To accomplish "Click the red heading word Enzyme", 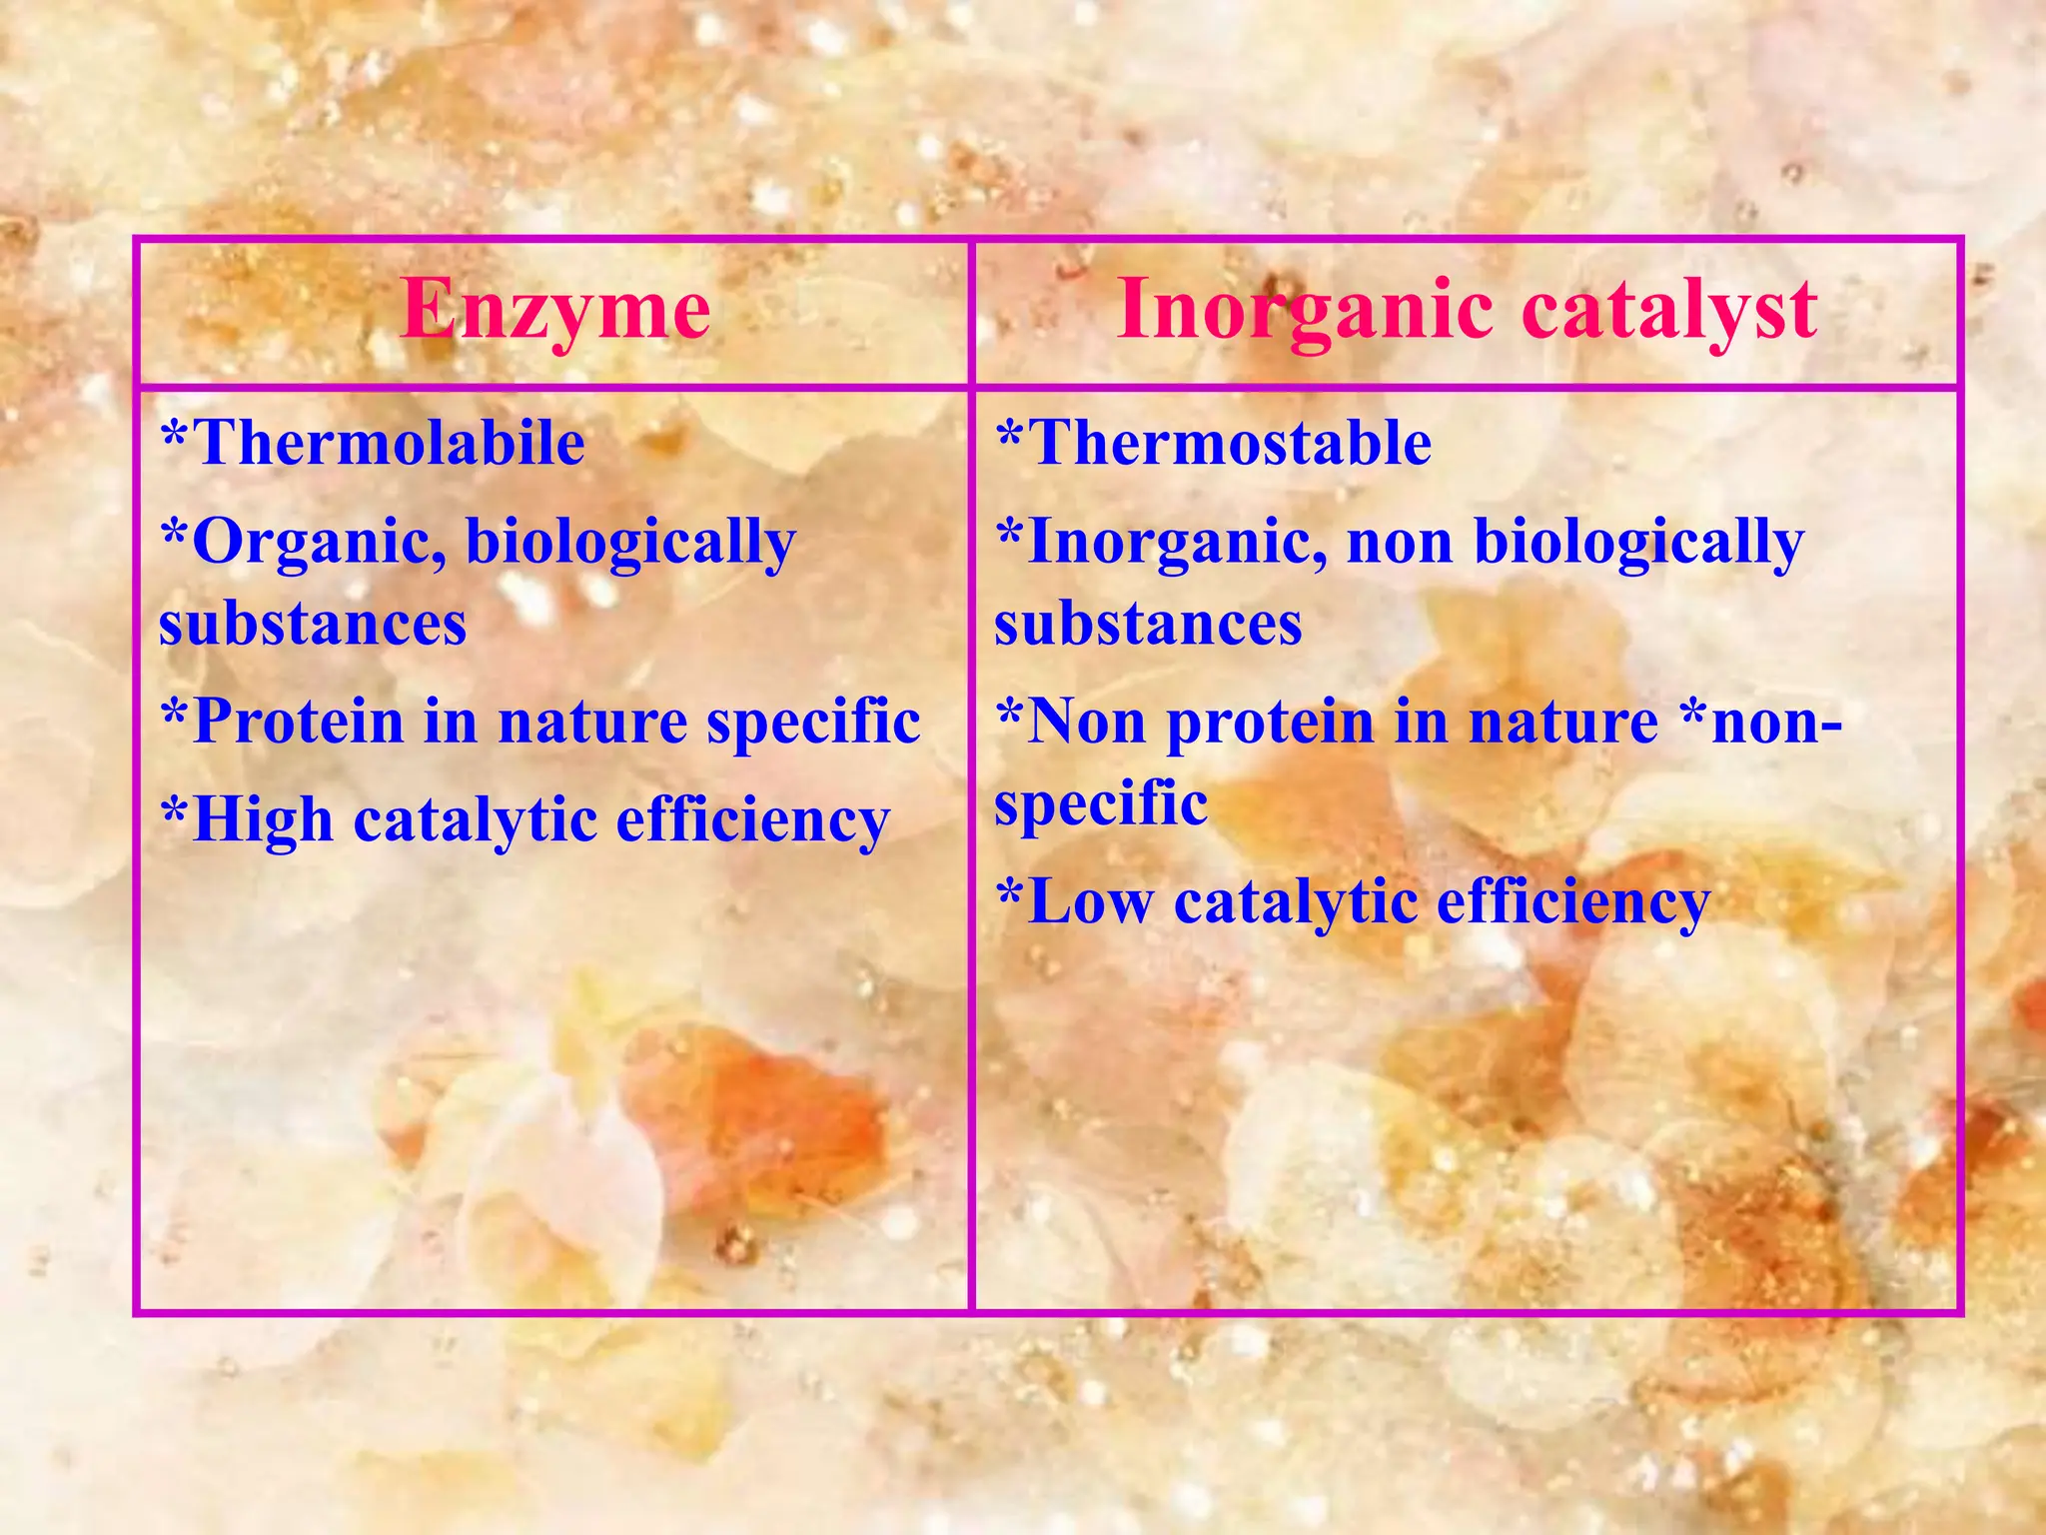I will [555, 311].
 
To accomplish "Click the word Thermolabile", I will [388, 443].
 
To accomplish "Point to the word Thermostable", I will [1229, 443].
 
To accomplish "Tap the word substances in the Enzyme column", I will [313, 624].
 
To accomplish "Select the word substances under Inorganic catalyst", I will [1148, 624].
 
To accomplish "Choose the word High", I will [262, 820].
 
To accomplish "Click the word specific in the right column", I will [1101, 804].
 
